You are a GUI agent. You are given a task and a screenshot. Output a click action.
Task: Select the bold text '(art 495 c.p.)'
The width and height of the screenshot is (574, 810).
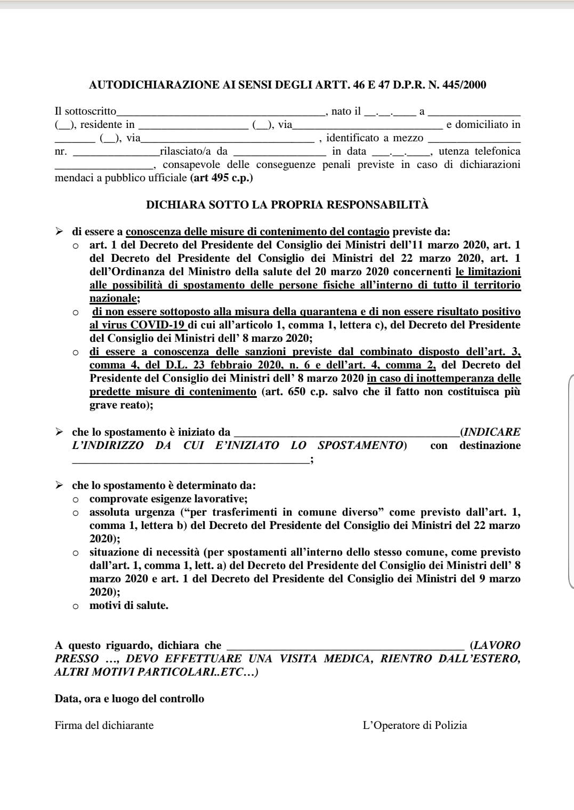(x=221, y=178)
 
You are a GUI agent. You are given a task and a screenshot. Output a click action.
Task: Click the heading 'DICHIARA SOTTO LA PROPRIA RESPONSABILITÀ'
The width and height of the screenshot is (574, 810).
(x=287, y=205)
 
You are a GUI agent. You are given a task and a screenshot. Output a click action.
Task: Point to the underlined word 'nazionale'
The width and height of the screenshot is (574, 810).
(x=112, y=299)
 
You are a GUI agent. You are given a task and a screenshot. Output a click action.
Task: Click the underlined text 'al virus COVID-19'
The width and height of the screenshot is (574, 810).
(x=138, y=325)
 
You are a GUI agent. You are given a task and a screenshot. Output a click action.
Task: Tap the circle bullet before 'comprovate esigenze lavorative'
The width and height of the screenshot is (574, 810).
(x=76, y=500)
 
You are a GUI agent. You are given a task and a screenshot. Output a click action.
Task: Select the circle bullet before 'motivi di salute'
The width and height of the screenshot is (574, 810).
(x=76, y=606)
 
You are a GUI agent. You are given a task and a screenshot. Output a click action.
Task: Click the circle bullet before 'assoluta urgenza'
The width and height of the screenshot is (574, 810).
(x=76, y=513)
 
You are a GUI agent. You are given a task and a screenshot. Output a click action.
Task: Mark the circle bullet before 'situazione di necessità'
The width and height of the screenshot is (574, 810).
(x=76, y=553)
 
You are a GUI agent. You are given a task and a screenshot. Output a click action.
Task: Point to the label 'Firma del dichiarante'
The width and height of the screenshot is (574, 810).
(x=104, y=726)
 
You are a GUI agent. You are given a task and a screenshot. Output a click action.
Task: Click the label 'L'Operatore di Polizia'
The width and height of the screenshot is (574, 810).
(x=415, y=726)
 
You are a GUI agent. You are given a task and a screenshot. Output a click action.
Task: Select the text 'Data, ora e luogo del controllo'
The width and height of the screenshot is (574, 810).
(x=129, y=699)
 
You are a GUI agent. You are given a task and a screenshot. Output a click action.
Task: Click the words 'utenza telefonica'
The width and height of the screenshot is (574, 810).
(x=479, y=151)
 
